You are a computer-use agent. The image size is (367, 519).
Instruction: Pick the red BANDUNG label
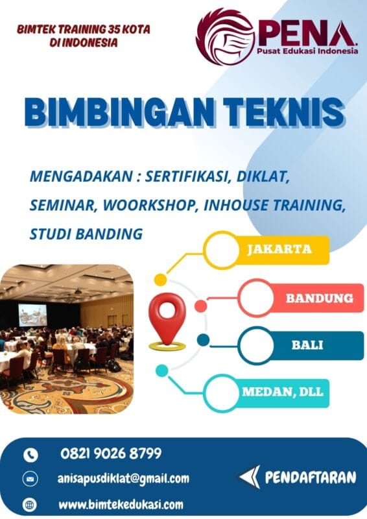point(320,298)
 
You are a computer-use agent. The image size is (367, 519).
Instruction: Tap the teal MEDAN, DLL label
point(282,392)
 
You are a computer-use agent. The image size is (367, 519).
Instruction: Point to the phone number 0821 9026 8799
point(111,453)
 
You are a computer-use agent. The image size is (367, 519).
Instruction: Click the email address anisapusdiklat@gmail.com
point(123,479)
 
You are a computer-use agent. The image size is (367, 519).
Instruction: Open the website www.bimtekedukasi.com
point(120,504)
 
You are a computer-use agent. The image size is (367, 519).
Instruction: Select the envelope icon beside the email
point(30,479)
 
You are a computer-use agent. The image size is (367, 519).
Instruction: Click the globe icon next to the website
point(30,504)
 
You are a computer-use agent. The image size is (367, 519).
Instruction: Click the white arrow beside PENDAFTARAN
point(249,477)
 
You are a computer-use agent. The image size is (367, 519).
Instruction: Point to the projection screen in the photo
point(32,314)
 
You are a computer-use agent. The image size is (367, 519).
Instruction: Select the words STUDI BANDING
point(86,234)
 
